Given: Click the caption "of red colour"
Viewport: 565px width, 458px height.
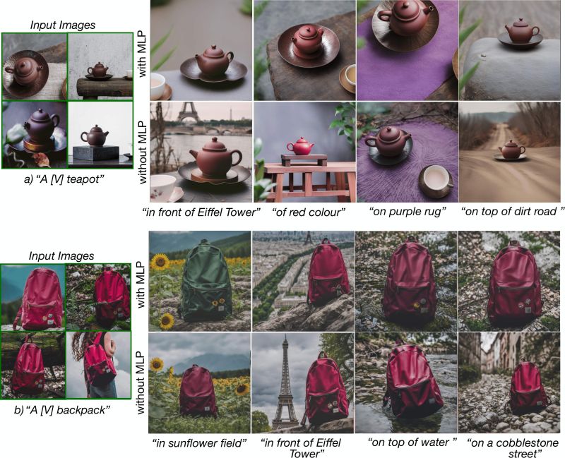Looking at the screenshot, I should [x=303, y=211].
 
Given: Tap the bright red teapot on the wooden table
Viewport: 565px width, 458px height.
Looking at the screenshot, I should [x=302, y=146].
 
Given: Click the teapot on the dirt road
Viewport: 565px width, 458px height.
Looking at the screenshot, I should [x=511, y=150].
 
